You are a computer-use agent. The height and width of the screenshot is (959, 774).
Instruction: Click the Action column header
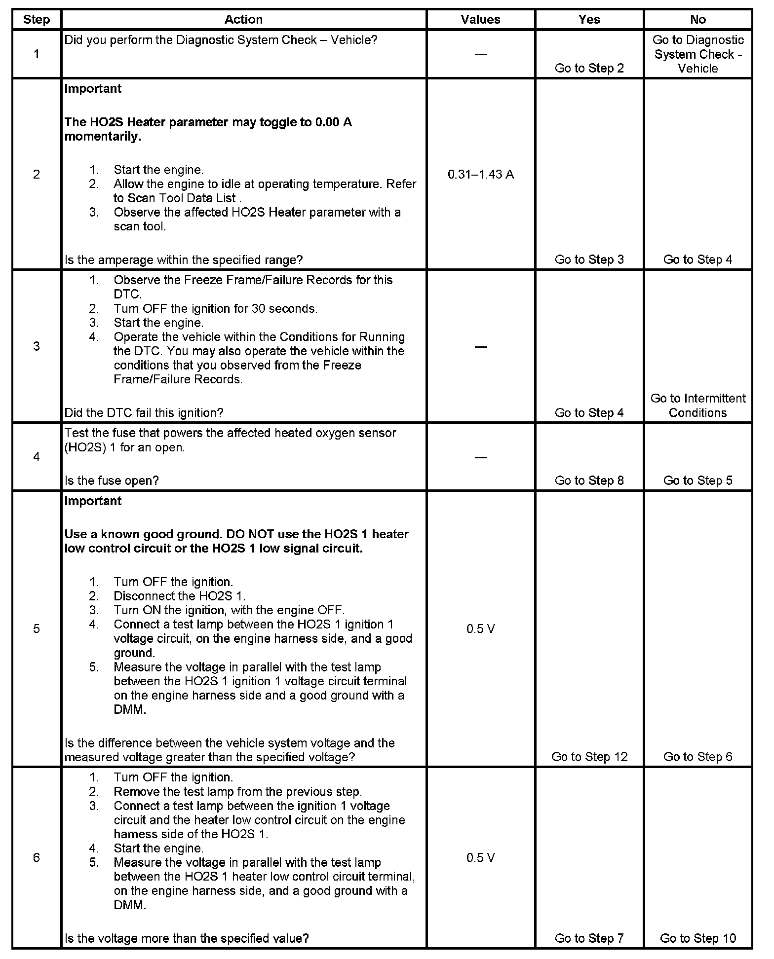[x=243, y=20]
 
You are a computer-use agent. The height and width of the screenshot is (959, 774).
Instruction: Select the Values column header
[x=480, y=20]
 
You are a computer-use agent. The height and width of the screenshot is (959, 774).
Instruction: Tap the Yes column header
[x=589, y=20]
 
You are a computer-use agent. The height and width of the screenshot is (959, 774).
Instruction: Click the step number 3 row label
[x=37, y=346]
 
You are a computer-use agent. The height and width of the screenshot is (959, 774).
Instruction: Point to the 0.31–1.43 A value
[x=480, y=174]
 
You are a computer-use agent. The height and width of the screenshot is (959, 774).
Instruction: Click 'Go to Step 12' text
[x=589, y=756]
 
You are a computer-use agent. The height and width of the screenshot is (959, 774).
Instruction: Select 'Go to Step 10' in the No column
[x=697, y=938]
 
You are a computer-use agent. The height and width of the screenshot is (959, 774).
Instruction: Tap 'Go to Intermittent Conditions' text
[x=697, y=405]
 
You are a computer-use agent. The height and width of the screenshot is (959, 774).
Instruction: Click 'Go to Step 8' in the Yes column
[x=589, y=480]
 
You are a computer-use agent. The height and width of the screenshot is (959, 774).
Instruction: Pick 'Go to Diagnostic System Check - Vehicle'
[x=697, y=54]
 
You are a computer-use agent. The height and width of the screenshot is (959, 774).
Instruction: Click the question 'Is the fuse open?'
[x=112, y=480]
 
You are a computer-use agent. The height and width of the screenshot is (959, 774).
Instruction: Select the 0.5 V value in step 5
[x=480, y=628]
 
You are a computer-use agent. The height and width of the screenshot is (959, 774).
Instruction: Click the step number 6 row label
[x=37, y=857]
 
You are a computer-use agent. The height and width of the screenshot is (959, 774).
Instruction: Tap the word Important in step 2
[x=93, y=88]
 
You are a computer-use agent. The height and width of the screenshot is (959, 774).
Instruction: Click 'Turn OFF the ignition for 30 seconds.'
[x=215, y=309]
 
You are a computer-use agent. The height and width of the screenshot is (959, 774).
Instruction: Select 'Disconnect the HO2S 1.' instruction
[x=179, y=595]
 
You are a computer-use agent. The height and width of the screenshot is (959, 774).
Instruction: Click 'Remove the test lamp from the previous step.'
[x=237, y=792]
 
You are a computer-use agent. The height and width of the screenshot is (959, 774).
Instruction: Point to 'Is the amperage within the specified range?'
[x=183, y=259]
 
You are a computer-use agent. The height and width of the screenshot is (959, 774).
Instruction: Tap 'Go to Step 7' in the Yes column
[x=589, y=938]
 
